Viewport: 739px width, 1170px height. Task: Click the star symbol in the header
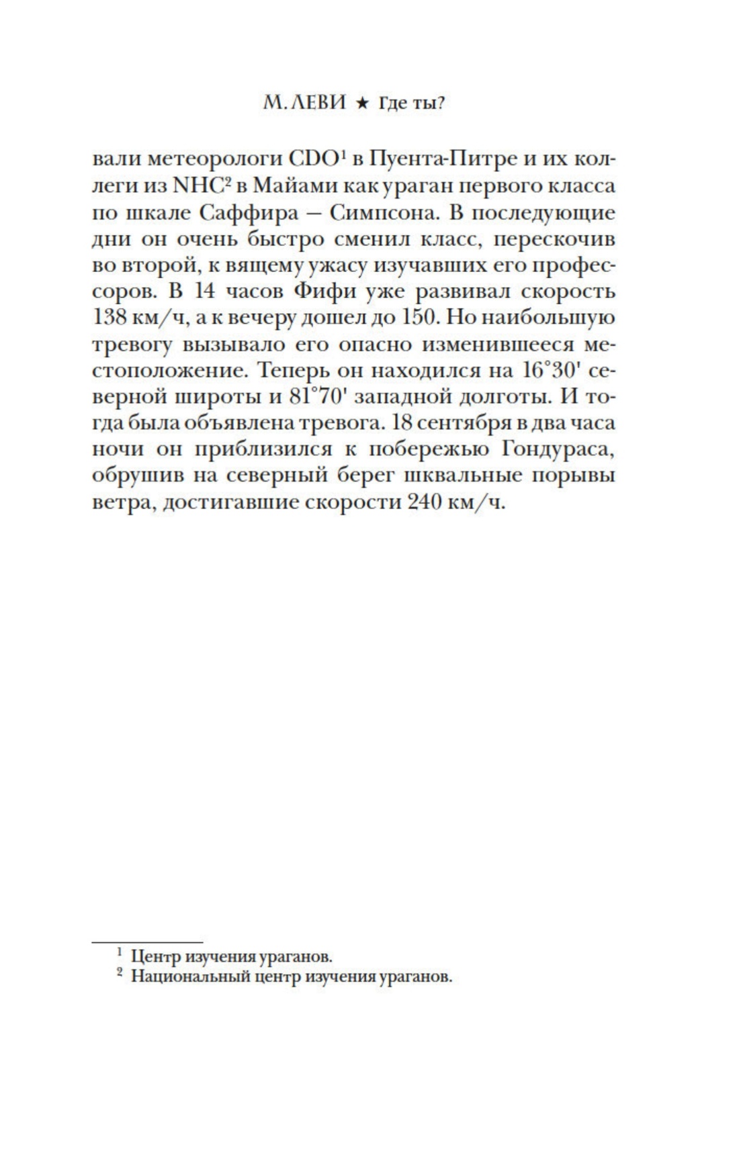pyautogui.click(x=361, y=103)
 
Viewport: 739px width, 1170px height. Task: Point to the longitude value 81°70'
pyautogui.click(x=317, y=397)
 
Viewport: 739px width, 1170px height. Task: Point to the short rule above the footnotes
pyautogui.click(x=147, y=942)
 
